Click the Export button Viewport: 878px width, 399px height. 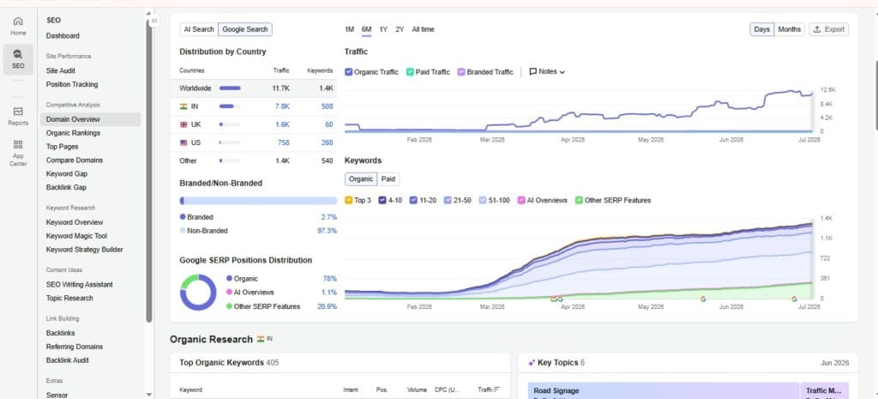(x=829, y=30)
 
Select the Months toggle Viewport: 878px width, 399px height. (x=789, y=30)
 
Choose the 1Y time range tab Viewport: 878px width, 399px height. (x=383, y=30)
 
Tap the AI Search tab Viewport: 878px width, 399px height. (x=199, y=29)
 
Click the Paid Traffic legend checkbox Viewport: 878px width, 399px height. (x=410, y=72)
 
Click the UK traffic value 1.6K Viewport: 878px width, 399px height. (x=282, y=124)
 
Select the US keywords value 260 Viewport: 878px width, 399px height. (x=327, y=142)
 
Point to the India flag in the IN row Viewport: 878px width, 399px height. (x=183, y=106)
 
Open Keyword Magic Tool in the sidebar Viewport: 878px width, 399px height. (x=76, y=236)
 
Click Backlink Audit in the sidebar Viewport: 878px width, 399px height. (x=67, y=360)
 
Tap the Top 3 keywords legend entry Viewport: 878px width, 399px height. (x=358, y=200)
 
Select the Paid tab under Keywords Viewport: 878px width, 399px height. (x=388, y=179)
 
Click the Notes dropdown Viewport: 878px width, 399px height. (x=547, y=72)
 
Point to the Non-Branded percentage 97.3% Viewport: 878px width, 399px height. (x=327, y=231)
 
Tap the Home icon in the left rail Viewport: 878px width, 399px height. (x=18, y=21)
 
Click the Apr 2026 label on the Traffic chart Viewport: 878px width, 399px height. (x=573, y=140)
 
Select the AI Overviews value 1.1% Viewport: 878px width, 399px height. (x=329, y=293)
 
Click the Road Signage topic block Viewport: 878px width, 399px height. (x=663, y=390)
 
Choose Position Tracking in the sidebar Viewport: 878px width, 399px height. (x=72, y=85)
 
